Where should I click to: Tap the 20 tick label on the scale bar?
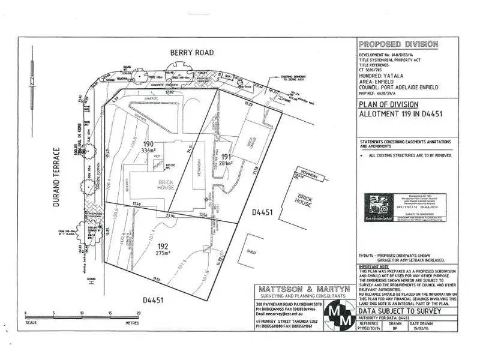point(138,313)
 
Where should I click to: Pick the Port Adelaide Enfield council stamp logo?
point(376,205)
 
